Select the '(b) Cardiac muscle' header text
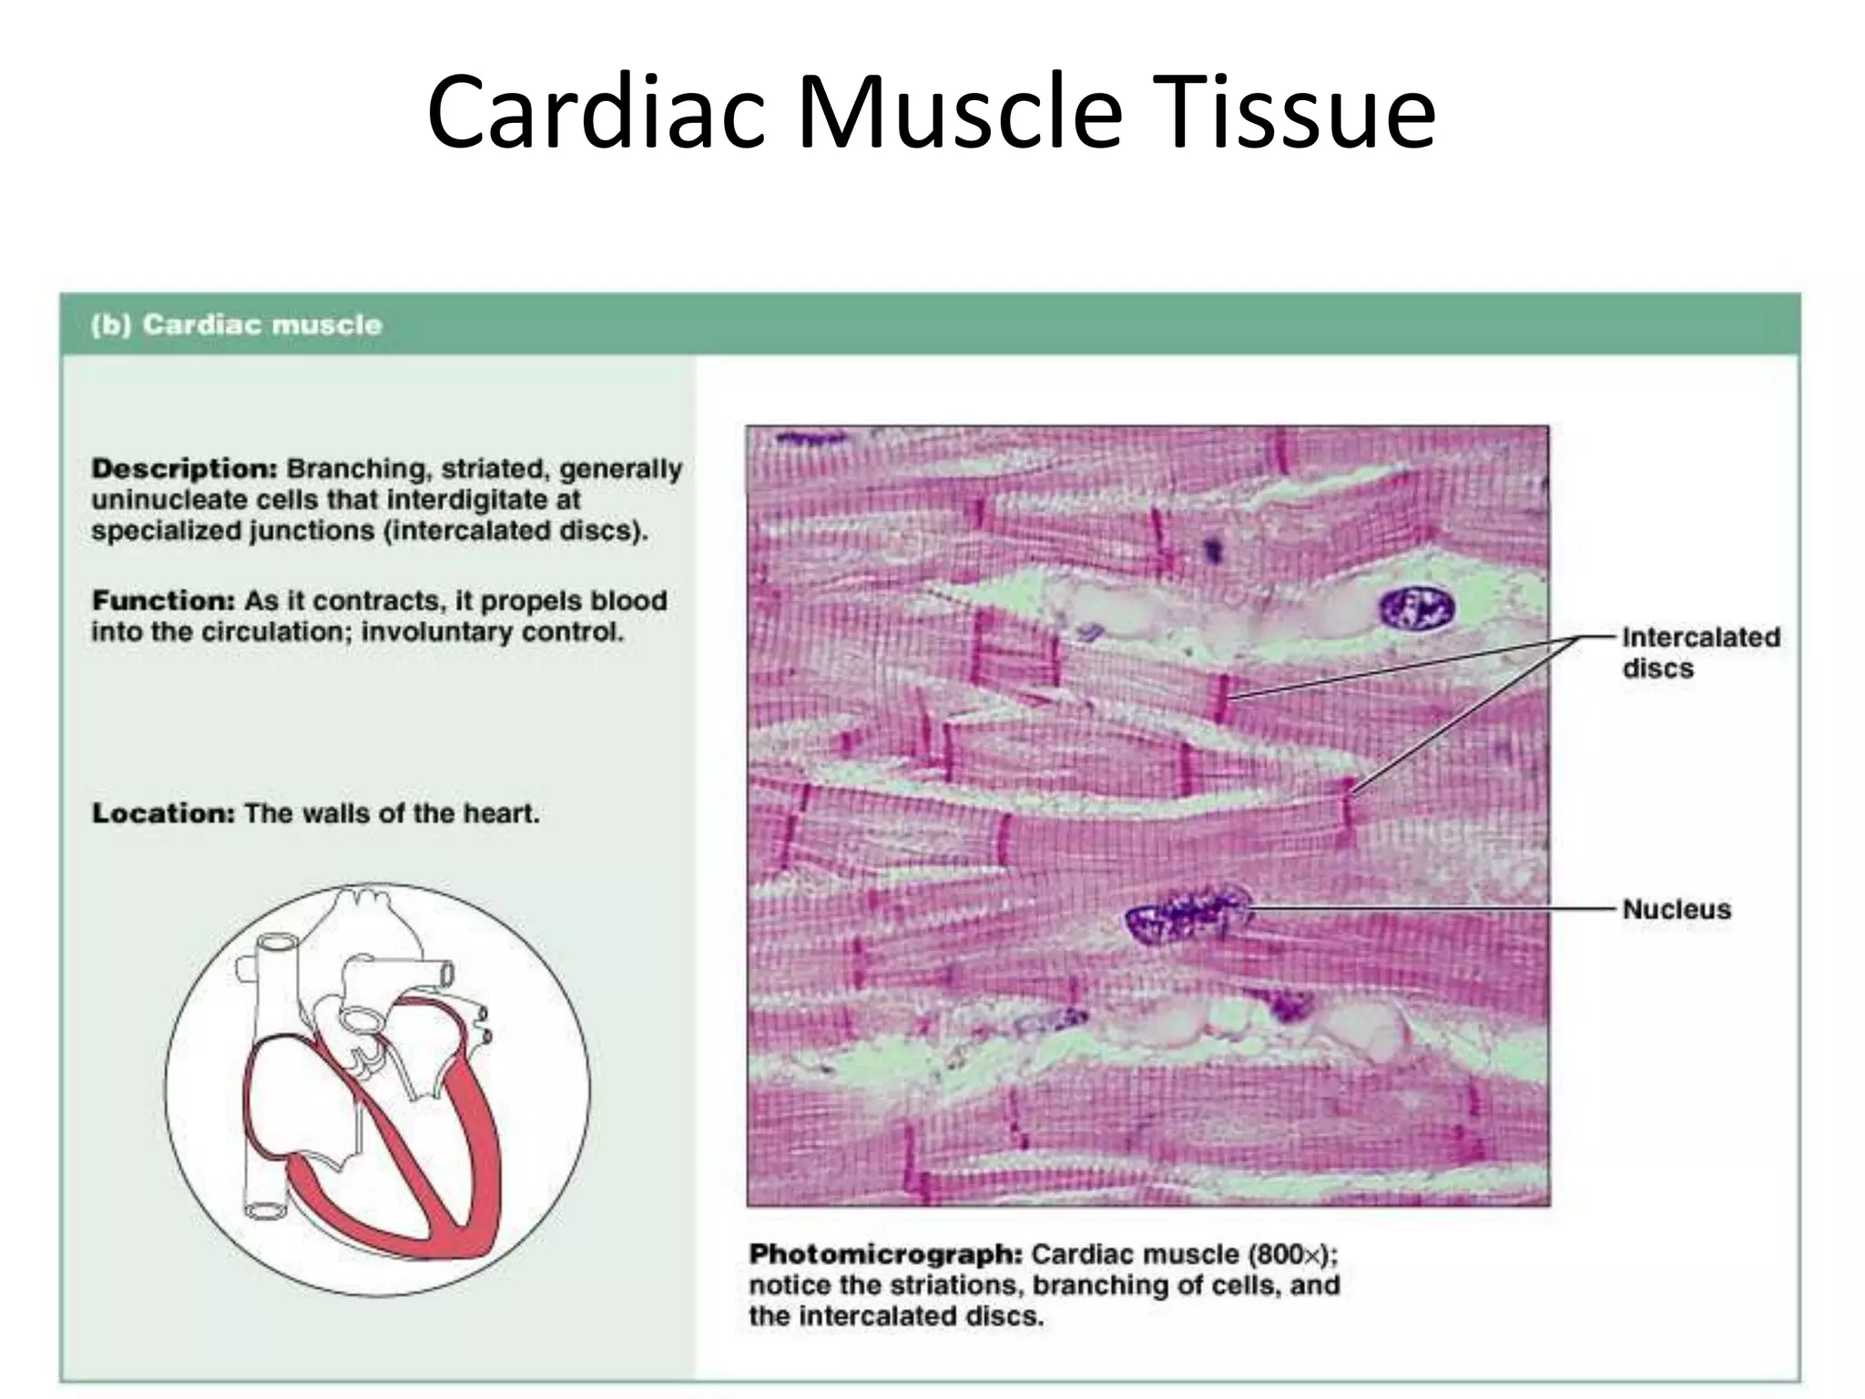(x=236, y=325)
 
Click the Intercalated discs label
(x=1699, y=652)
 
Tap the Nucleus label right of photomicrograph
(x=1676, y=909)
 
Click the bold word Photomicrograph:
(x=886, y=1254)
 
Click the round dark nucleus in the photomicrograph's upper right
(x=1417, y=608)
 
